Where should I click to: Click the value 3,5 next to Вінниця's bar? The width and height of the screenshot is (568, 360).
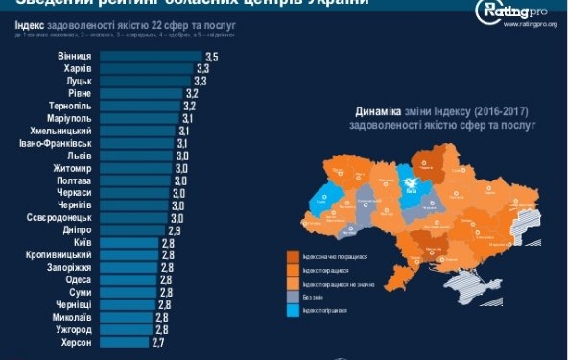click(211, 58)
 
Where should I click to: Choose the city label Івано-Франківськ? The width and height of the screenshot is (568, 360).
click(55, 144)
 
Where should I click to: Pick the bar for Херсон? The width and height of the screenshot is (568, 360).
click(124, 341)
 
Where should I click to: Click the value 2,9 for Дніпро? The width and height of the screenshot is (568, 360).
click(174, 231)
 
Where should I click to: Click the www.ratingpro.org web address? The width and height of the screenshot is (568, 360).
click(530, 25)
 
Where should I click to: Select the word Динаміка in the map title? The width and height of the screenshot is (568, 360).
click(378, 111)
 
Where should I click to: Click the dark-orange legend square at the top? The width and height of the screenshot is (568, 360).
click(293, 254)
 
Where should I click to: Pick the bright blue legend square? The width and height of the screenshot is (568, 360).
click(293, 313)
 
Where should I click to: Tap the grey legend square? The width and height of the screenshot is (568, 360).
click(293, 299)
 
